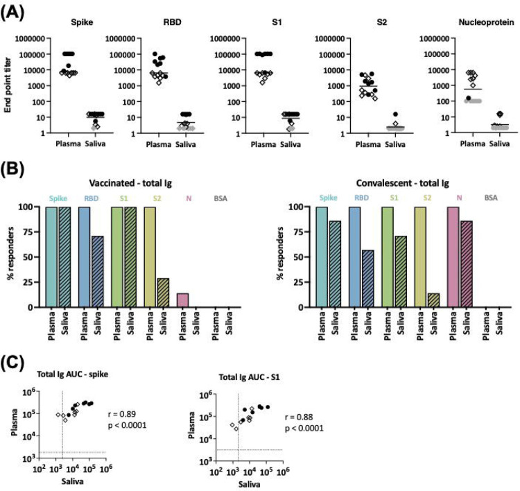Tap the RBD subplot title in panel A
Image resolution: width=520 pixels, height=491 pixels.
[x=157, y=23]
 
